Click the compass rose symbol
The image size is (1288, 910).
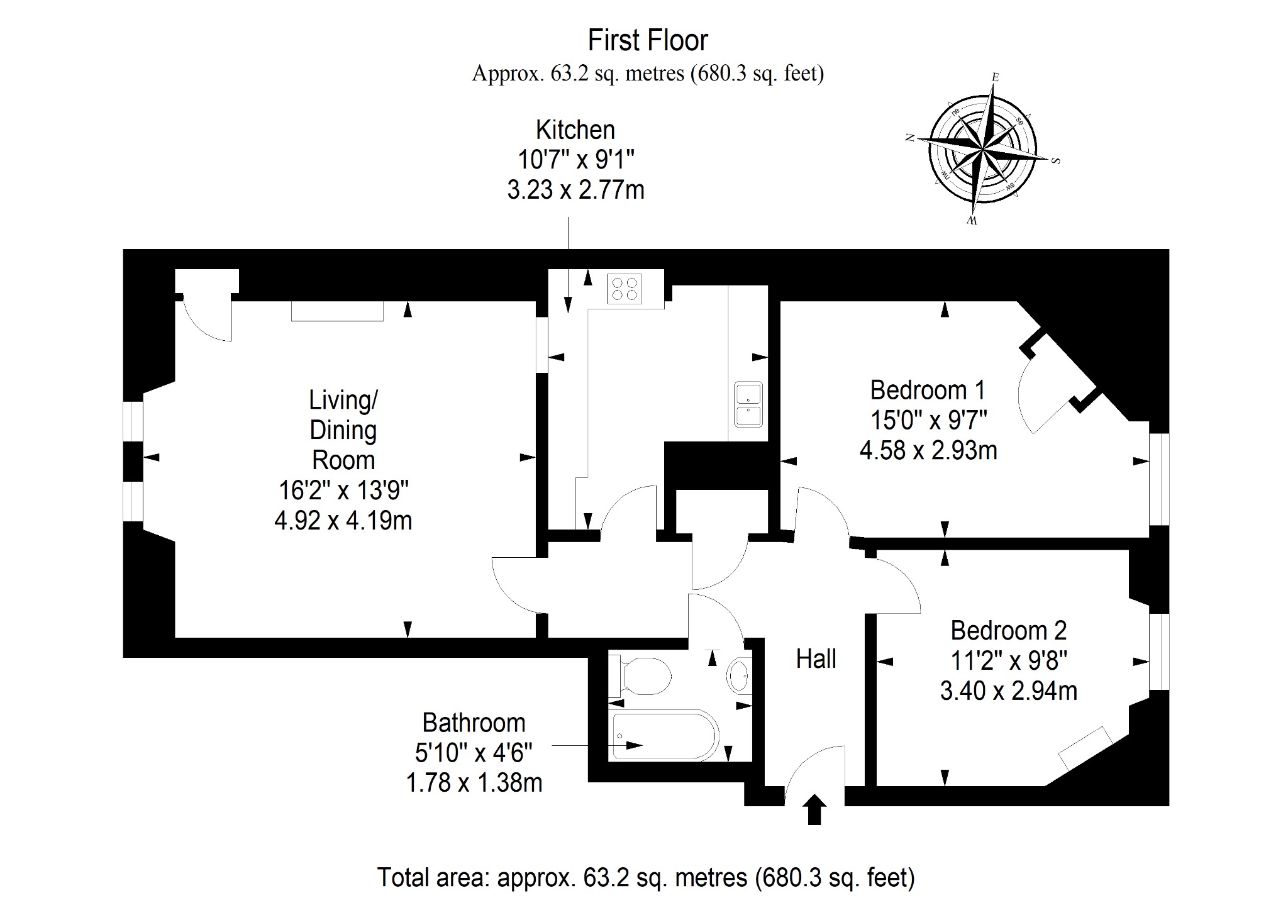click(x=982, y=149)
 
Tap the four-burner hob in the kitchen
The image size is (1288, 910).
click(x=625, y=289)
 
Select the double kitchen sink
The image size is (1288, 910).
click(x=748, y=404)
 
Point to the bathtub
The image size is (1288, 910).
click(x=665, y=735)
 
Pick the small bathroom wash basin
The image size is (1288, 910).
click(x=740, y=677)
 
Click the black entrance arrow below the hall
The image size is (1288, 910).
click(x=814, y=809)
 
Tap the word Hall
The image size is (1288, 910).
click(x=816, y=659)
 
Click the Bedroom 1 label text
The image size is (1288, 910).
click(x=927, y=391)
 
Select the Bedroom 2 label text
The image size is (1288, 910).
click(x=1008, y=630)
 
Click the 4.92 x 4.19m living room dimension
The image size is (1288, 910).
click(x=343, y=521)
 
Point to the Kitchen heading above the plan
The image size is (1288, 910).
click(x=575, y=130)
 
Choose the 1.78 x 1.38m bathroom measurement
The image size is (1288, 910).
click(x=474, y=783)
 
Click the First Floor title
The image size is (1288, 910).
click(x=648, y=40)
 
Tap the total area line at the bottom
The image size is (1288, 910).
click(x=646, y=877)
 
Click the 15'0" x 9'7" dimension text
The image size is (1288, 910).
click(x=928, y=420)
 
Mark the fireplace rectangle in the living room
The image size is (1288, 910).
click(x=337, y=311)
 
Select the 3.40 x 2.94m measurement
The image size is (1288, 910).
click(x=1009, y=691)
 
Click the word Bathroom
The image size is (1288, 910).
click(x=474, y=723)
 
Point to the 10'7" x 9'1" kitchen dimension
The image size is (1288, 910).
click(x=576, y=160)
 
